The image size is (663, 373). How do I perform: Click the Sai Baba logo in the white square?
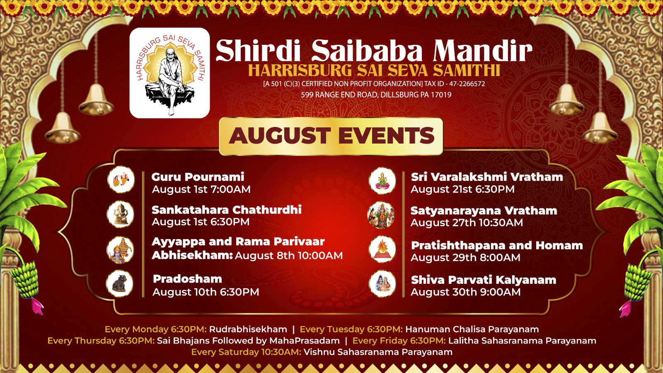click(169, 73)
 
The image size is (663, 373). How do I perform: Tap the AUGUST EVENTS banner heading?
click(331, 136)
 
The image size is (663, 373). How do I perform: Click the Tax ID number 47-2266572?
click(467, 84)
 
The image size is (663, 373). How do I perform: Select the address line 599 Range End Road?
click(376, 95)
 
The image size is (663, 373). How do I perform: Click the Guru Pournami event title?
click(198, 177)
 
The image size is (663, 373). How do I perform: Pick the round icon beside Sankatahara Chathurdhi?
click(121, 214)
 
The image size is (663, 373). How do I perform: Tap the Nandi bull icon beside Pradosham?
click(120, 283)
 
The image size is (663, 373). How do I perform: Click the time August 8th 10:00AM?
click(288, 256)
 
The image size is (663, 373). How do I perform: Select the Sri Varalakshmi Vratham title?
click(487, 177)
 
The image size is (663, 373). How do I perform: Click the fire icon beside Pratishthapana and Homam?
click(382, 249)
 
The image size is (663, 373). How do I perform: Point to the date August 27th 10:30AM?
click(467, 222)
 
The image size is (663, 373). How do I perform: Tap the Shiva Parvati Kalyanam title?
click(484, 280)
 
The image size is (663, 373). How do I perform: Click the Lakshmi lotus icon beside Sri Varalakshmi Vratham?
click(382, 181)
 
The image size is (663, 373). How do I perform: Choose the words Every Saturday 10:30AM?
click(246, 352)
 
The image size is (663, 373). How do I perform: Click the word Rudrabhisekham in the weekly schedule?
click(248, 329)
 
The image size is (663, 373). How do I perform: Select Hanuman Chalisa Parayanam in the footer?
click(472, 329)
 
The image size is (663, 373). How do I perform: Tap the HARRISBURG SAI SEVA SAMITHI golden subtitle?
click(374, 70)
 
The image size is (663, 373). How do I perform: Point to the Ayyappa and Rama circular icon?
click(120, 250)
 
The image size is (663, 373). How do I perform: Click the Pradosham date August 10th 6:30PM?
click(206, 292)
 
